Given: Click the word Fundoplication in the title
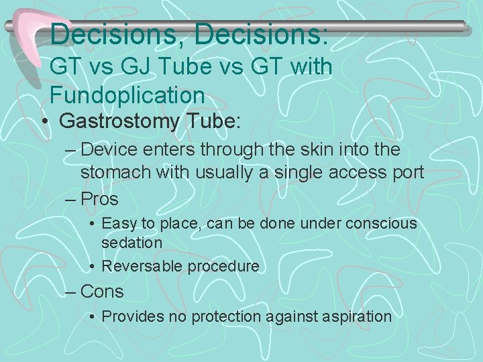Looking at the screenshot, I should click(127, 95).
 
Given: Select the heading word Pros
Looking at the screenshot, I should click(99, 199).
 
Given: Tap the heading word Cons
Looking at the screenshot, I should click(102, 292).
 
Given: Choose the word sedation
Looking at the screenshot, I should click(131, 242).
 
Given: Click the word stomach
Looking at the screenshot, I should click(115, 173).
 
